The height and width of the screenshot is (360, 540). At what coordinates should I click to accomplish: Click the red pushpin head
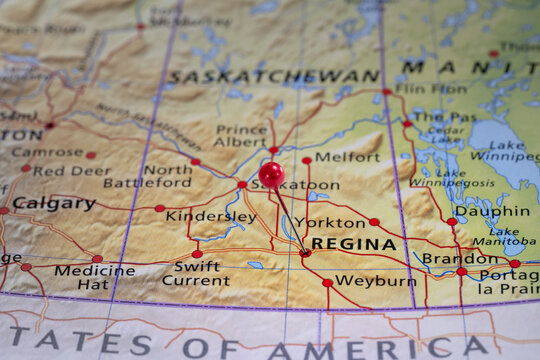click(x=271, y=175)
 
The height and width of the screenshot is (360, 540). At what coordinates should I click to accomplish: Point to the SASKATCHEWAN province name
click(x=273, y=76)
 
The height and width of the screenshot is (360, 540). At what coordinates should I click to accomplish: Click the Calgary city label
click(x=54, y=203)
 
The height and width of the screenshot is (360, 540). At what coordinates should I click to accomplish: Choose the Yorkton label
click(x=330, y=222)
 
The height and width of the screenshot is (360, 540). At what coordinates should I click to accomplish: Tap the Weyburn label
click(x=375, y=281)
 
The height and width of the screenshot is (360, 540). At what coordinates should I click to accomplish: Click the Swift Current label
click(x=196, y=273)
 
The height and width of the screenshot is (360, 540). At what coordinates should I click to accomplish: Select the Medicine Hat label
click(x=94, y=276)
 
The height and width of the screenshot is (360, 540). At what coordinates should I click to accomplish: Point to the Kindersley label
click(x=210, y=216)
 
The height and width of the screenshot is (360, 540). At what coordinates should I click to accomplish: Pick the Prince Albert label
click(x=241, y=136)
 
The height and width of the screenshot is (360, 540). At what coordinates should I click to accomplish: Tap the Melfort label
click(x=347, y=157)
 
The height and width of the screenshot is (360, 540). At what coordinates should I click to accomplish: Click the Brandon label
click(x=459, y=258)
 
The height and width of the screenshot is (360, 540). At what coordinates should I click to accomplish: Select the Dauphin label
click(x=492, y=212)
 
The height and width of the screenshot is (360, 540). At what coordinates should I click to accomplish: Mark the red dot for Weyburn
click(x=327, y=283)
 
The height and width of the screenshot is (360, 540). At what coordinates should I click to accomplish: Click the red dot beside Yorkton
click(x=374, y=222)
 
